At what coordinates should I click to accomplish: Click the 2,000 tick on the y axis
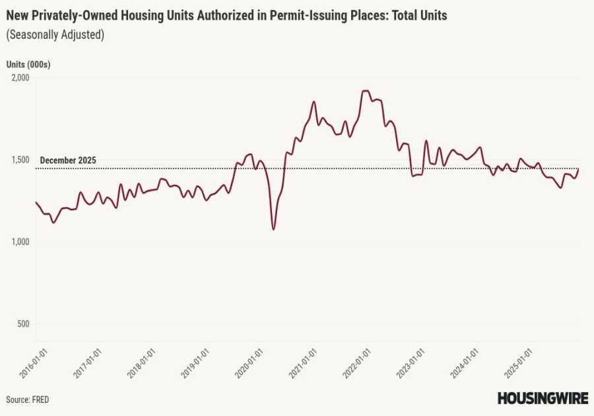coord(20,77)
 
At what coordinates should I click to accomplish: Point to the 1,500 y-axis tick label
coord(20,160)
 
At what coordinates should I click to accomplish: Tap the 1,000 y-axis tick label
coord(20,242)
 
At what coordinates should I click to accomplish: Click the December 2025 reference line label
coord(68,160)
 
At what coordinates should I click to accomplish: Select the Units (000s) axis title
coord(28,64)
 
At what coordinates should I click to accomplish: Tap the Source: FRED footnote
coord(28,399)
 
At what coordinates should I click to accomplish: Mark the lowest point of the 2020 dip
coord(273,229)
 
